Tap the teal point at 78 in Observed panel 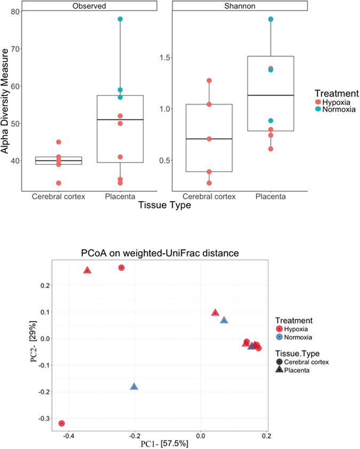pyautogui.click(x=121, y=19)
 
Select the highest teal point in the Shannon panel pyautogui.click(x=270, y=19)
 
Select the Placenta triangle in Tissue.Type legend pyautogui.click(x=279, y=370)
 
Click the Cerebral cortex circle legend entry pyautogui.click(x=279, y=362)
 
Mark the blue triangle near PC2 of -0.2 pyautogui.click(x=134, y=386)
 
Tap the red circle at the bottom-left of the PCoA pyautogui.click(x=62, y=423)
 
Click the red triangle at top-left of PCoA pyautogui.click(x=87, y=270)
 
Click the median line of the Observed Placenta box pyautogui.click(x=121, y=119)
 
